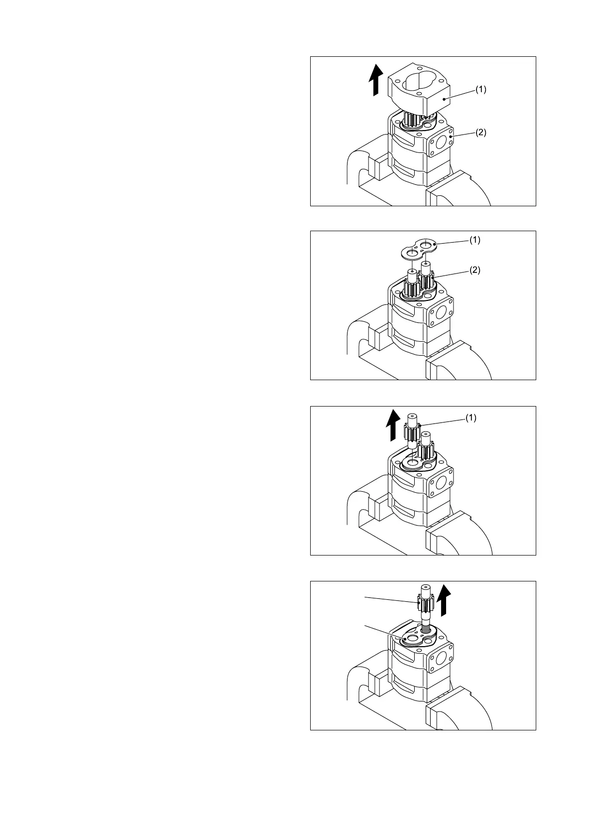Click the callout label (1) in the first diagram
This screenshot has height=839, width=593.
[480, 90]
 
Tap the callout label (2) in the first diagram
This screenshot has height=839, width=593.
[480, 133]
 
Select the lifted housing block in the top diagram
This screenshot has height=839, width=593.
[419, 92]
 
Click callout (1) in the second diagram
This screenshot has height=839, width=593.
[474, 240]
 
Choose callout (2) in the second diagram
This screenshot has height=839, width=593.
[475, 270]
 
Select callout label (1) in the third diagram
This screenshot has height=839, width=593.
[471, 418]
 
